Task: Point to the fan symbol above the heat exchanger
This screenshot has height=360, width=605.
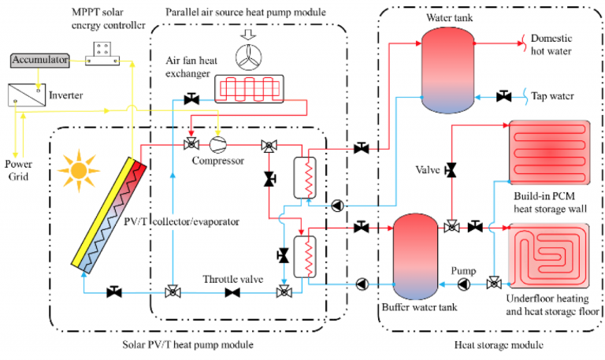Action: point(249,57)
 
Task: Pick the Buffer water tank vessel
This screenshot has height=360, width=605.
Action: point(415,251)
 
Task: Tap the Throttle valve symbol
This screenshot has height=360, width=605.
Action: point(232,292)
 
